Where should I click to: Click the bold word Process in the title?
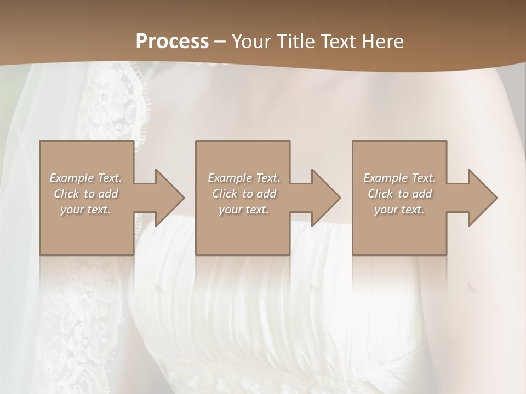point(172,41)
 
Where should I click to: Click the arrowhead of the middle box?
point(325,198)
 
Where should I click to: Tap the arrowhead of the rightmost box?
point(482,198)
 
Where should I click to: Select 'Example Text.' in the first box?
point(85,178)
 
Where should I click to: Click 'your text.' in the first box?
point(85,210)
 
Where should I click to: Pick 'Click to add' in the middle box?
point(244,194)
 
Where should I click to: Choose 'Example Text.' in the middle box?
point(244,178)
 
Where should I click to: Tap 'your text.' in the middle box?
point(244,210)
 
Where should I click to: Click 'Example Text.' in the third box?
point(399,178)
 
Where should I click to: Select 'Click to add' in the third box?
point(399,194)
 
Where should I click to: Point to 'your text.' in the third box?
point(399,210)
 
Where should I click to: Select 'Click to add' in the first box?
point(85,194)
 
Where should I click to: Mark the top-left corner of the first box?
point(40,142)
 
